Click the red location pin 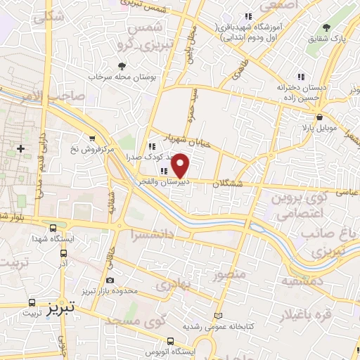(x=181, y=165)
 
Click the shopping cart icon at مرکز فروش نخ (x=92, y=139)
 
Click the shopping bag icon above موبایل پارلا (x=320, y=117)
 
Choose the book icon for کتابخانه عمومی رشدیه (x=218, y=316)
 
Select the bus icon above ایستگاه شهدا (x=53, y=227)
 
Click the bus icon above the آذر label (x=63, y=252)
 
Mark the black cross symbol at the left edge (x=21, y=148)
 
